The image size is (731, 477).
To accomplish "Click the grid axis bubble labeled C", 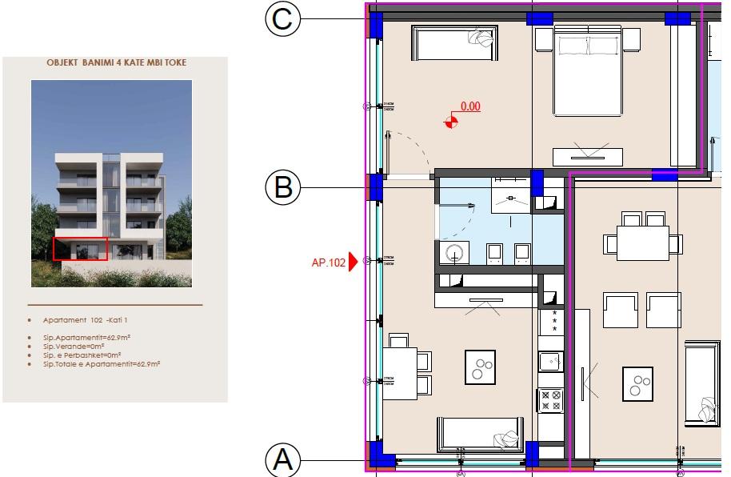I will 282,19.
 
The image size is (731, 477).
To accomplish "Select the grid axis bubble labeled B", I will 282,187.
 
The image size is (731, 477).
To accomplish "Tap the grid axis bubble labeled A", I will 282,460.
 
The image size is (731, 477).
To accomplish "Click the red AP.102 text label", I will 328,262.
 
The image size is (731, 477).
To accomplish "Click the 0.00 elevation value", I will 470,106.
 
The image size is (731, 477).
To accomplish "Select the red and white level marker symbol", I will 452,122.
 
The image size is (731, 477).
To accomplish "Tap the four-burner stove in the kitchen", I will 551,399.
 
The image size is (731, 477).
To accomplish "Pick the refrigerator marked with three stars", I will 551,322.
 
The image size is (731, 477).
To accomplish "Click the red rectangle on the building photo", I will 80,249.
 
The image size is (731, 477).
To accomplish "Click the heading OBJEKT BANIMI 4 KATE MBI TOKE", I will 117,62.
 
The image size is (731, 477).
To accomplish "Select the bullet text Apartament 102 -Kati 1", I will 82,320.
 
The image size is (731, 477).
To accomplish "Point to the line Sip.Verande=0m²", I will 79,347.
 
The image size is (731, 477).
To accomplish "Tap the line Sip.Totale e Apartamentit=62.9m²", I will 102,364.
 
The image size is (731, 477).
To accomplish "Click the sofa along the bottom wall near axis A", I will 477,434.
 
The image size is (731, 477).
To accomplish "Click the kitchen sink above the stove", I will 551,362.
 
